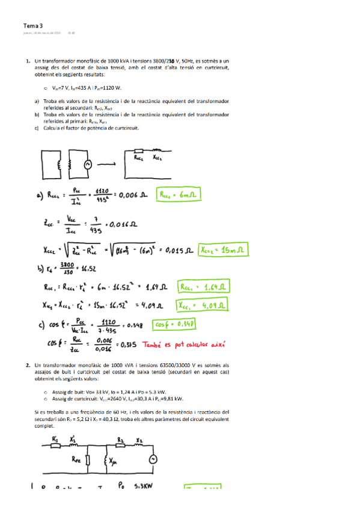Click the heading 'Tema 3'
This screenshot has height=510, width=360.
click(x=33, y=26)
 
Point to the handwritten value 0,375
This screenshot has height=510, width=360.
click(x=129, y=345)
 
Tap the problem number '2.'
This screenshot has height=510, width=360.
click(x=28, y=365)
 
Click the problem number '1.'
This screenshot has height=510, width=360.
click(x=28, y=61)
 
